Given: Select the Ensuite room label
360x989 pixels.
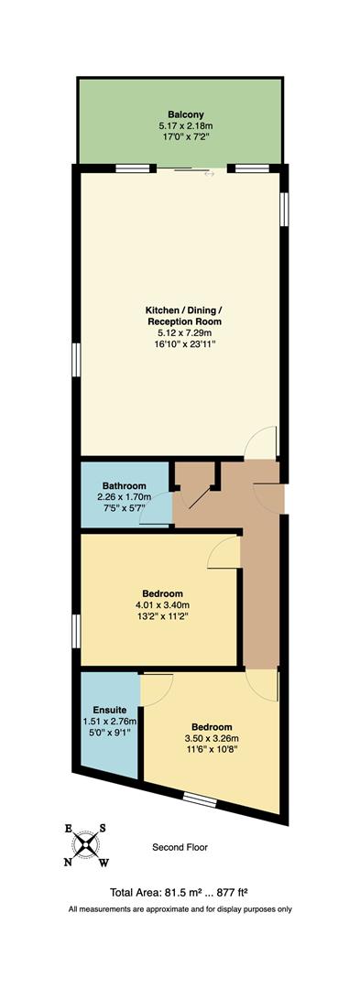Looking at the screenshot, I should point(109,710).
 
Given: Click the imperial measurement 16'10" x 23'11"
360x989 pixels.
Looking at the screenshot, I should point(183,346).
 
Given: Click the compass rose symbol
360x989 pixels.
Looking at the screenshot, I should point(86,844).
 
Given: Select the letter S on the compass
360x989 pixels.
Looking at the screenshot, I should point(103,828).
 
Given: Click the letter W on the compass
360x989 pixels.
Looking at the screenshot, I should point(104,862).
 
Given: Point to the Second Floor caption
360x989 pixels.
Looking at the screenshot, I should point(180,848).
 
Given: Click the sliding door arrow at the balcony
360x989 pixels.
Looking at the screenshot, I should point(209,174).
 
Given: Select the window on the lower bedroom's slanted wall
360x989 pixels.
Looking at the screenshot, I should point(199,800).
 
